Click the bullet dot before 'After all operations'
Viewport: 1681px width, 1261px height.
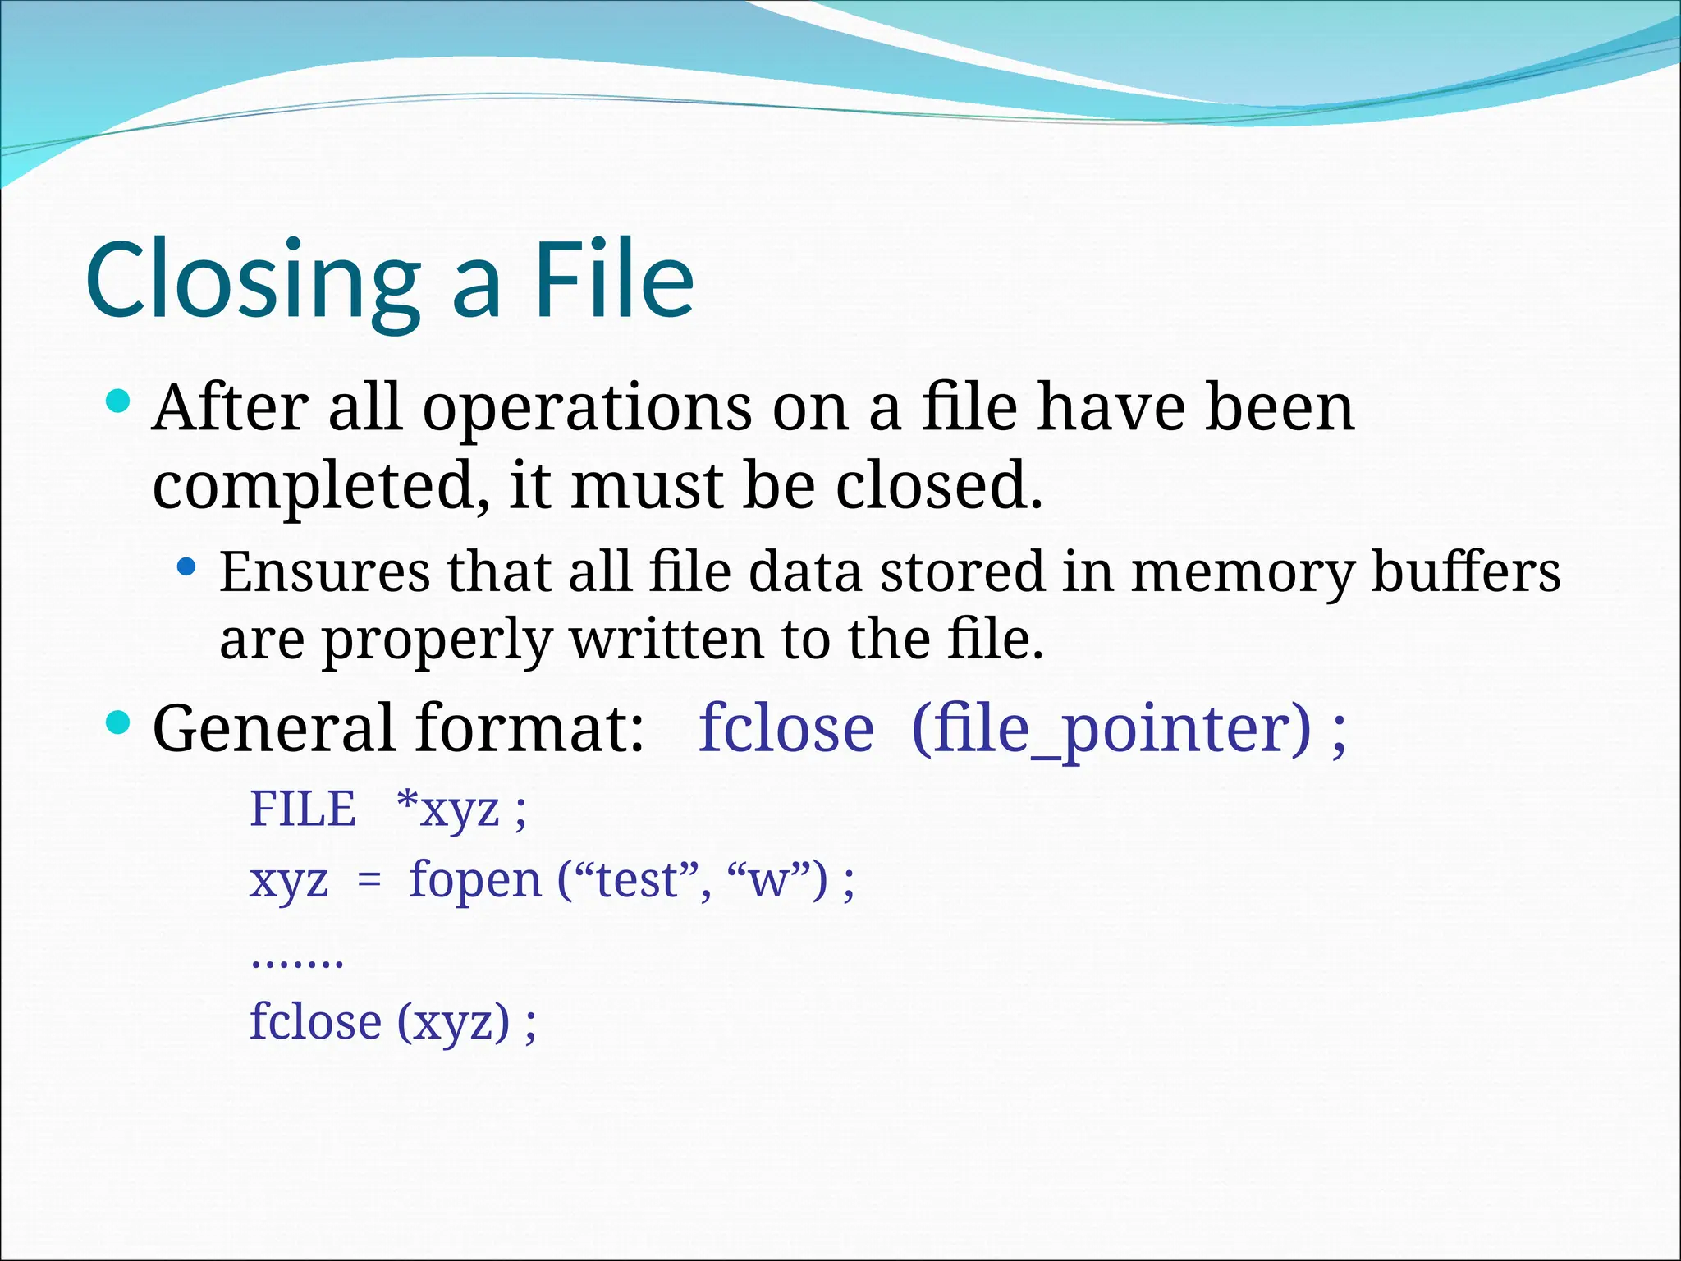pyautogui.click(x=118, y=401)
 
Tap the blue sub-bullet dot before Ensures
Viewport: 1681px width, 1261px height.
pyautogui.click(x=187, y=566)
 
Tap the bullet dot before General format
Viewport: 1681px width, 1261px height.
pyautogui.click(x=118, y=722)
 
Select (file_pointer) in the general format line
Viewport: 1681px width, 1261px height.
pyautogui.click(x=1111, y=729)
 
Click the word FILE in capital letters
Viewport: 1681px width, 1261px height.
pyautogui.click(x=302, y=809)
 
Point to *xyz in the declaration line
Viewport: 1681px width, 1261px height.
pyautogui.click(x=447, y=810)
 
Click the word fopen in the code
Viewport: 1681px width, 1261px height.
pyautogui.click(x=475, y=881)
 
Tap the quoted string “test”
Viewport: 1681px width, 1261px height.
pyautogui.click(x=633, y=880)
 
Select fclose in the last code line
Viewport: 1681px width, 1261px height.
pyautogui.click(x=315, y=1022)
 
